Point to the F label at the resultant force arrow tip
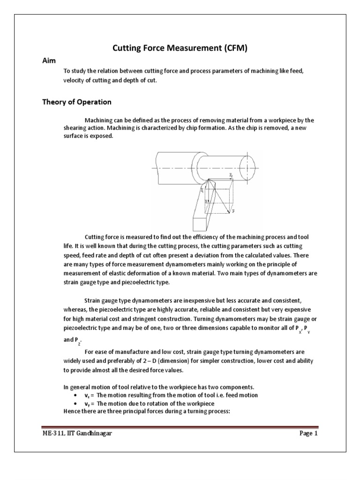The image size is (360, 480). [233, 212]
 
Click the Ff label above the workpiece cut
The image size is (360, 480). [231, 175]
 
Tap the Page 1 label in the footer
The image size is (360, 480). [309, 434]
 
